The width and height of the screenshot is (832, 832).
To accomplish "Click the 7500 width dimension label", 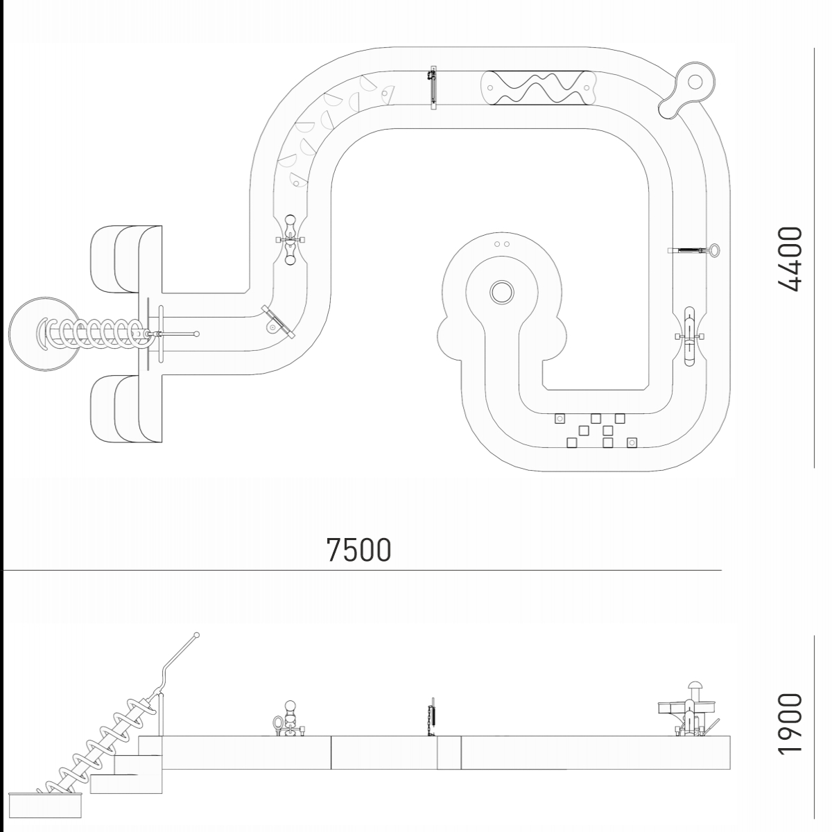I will [x=358, y=549].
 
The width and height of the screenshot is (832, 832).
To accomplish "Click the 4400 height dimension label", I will [x=789, y=258].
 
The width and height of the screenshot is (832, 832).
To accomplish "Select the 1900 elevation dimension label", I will [x=789, y=724].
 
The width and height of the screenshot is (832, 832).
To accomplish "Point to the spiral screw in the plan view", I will [x=94, y=333].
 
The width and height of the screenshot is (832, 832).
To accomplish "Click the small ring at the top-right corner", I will [x=694, y=82].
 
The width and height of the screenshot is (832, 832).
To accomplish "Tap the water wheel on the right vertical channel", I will [x=690, y=337].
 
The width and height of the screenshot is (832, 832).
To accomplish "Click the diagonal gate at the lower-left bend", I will [x=278, y=322].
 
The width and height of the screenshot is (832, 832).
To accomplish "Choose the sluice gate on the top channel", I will [x=433, y=87].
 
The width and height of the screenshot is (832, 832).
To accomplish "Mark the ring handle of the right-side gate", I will [x=714, y=250].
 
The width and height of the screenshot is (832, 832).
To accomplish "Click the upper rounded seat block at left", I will [x=125, y=258].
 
